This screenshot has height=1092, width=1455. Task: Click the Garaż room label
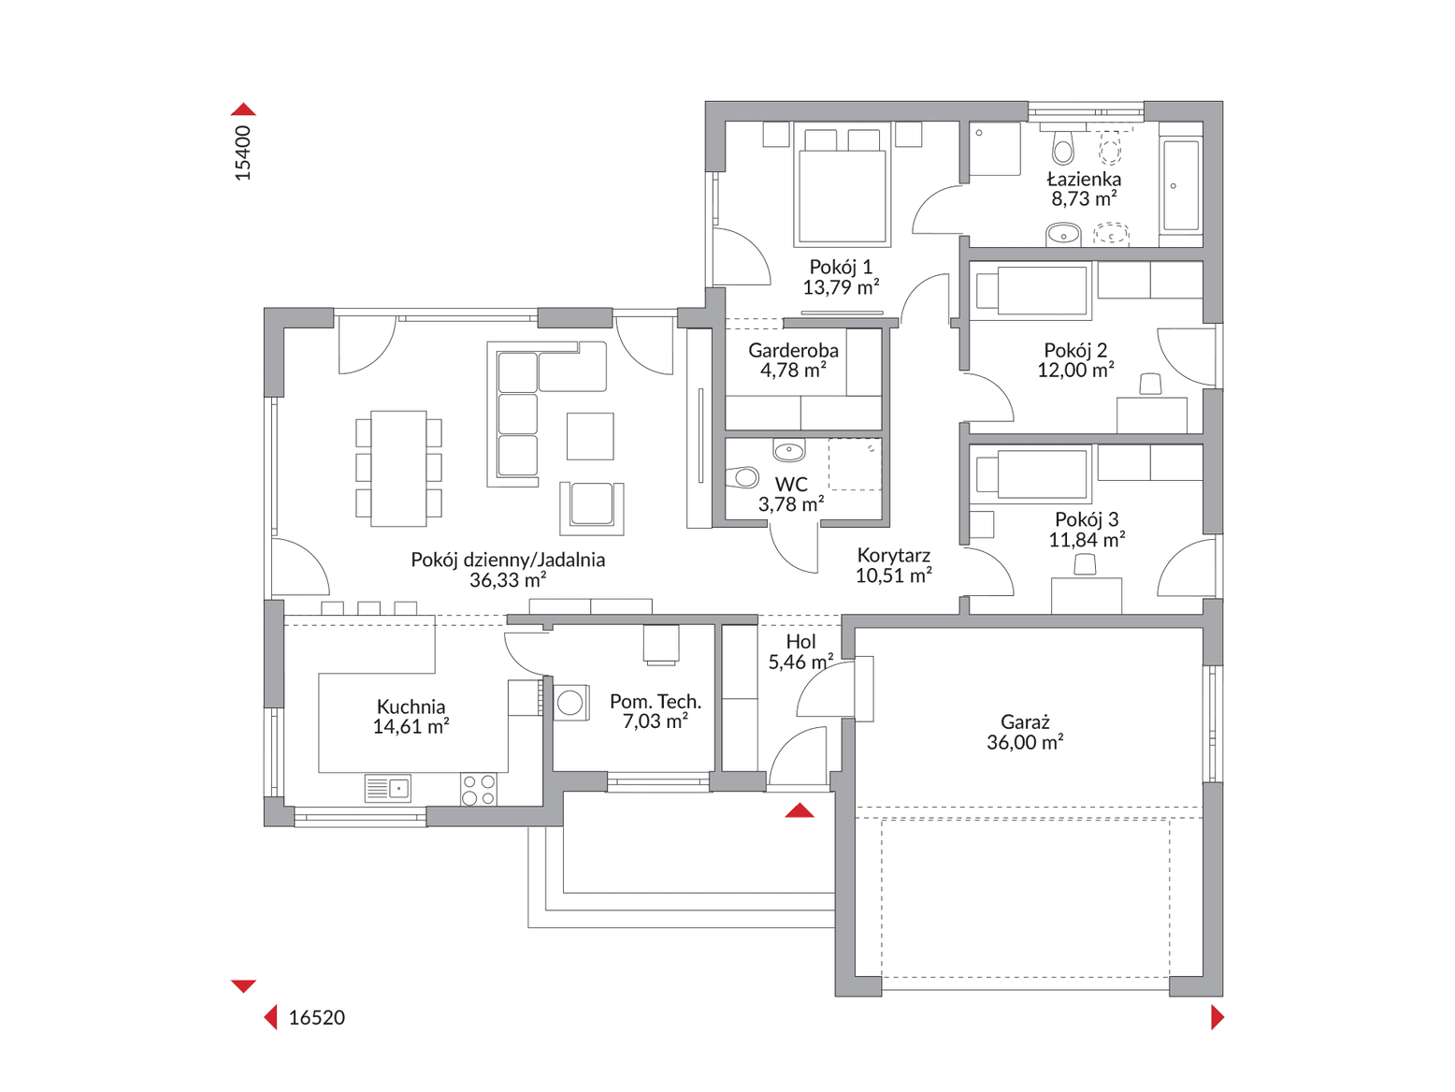coord(1025,721)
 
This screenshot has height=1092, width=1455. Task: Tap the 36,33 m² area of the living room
coord(507,580)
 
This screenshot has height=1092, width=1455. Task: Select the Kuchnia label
coord(411,706)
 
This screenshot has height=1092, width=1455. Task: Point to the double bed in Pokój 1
coord(841,187)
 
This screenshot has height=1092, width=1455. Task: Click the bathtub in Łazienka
coord(1180,185)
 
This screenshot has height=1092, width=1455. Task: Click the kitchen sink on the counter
coord(388,788)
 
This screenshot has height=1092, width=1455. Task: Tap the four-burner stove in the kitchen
coord(479,789)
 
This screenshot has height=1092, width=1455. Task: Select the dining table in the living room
coord(399,467)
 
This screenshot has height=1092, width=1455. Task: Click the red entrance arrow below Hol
coord(800,810)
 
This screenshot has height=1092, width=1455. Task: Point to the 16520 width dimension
coord(316,1018)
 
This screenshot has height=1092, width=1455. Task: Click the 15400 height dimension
coord(243,153)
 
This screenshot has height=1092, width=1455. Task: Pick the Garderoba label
coord(793,351)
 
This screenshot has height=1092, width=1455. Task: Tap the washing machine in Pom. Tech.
coord(571,702)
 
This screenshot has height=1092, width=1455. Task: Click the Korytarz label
coord(893,555)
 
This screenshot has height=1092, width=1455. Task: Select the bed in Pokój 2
coord(1032,290)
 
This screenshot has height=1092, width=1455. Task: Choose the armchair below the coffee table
coord(592,505)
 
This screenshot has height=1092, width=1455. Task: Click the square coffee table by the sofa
coord(590,436)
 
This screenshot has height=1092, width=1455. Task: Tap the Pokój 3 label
coord(1086,519)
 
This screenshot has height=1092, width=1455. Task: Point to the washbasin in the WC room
coord(789,452)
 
